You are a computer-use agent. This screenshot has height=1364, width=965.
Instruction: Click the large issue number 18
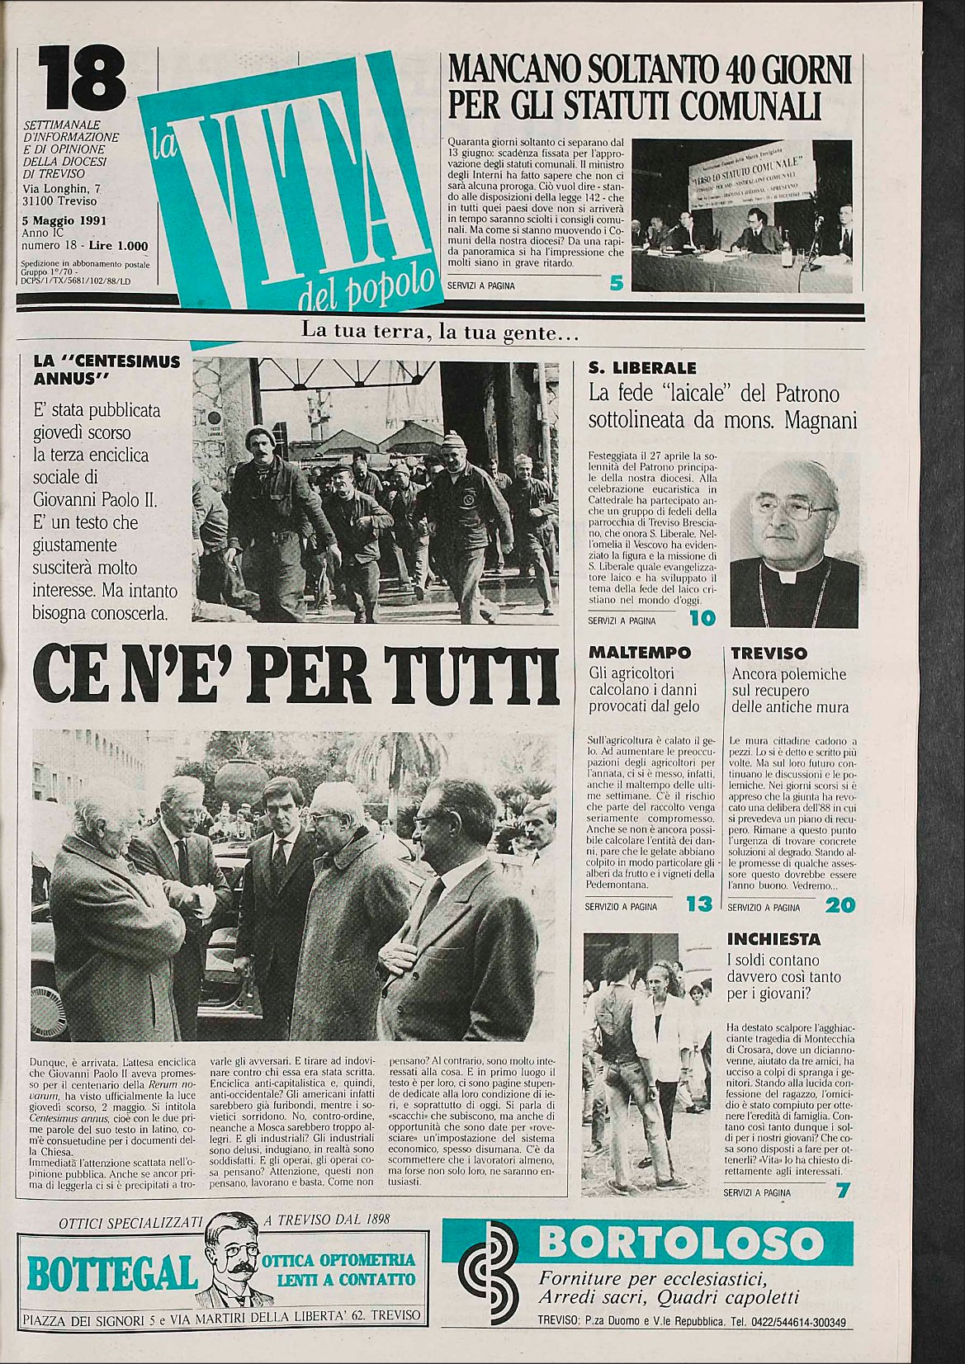pyautogui.click(x=82, y=78)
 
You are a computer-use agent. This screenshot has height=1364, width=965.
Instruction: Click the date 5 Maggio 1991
pyautogui.click(x=65, y=221)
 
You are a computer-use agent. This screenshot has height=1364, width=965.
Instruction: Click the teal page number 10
pyautogui.click(x=702, y=618)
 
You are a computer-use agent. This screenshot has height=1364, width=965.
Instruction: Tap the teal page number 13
pyautogui.click(x=698, y=904)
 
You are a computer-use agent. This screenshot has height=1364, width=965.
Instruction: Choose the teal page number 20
pyautogui.click(x=840, y=905)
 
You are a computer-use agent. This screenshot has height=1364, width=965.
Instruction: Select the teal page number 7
pyautogui.click(x=842, y=1191)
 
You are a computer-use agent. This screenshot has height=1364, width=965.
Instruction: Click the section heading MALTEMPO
pyautogui.click(x=640, y=653)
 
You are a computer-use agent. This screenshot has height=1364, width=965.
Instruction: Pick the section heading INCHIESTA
pyautogui.click(x=773, y=939)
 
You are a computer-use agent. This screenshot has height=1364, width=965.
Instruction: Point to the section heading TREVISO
pyautogui.click(x=769, y=653)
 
